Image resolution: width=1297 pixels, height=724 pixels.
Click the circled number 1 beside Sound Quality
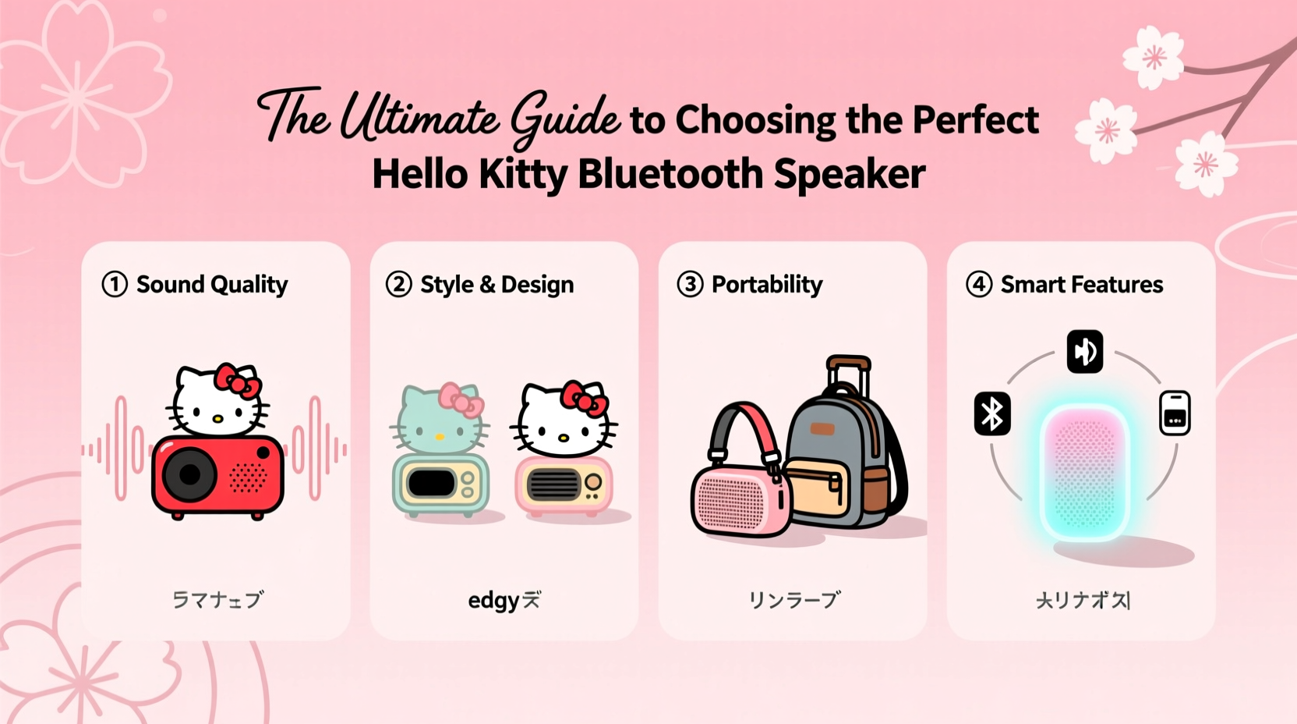(115, 284)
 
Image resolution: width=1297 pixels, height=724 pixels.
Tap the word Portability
(767, 285)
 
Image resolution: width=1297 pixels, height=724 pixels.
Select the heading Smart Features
(1082, 285)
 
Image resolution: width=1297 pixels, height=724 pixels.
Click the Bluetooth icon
(992, 413)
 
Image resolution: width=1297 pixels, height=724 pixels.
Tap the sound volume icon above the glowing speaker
(1084, 351)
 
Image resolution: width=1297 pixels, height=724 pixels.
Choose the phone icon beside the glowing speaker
(1175, 412)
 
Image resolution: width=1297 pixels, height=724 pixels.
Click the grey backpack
(842, 460)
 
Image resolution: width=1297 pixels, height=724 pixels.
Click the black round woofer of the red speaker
(189, 474)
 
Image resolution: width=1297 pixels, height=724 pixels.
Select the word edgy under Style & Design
(493, 601)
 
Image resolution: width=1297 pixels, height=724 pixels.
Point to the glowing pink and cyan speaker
(1084, 472)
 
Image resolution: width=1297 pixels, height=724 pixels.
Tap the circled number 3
(690, 284)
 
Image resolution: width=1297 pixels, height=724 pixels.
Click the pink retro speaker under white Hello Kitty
(564, 485)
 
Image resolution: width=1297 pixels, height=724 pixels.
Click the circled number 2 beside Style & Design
(398, 284)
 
